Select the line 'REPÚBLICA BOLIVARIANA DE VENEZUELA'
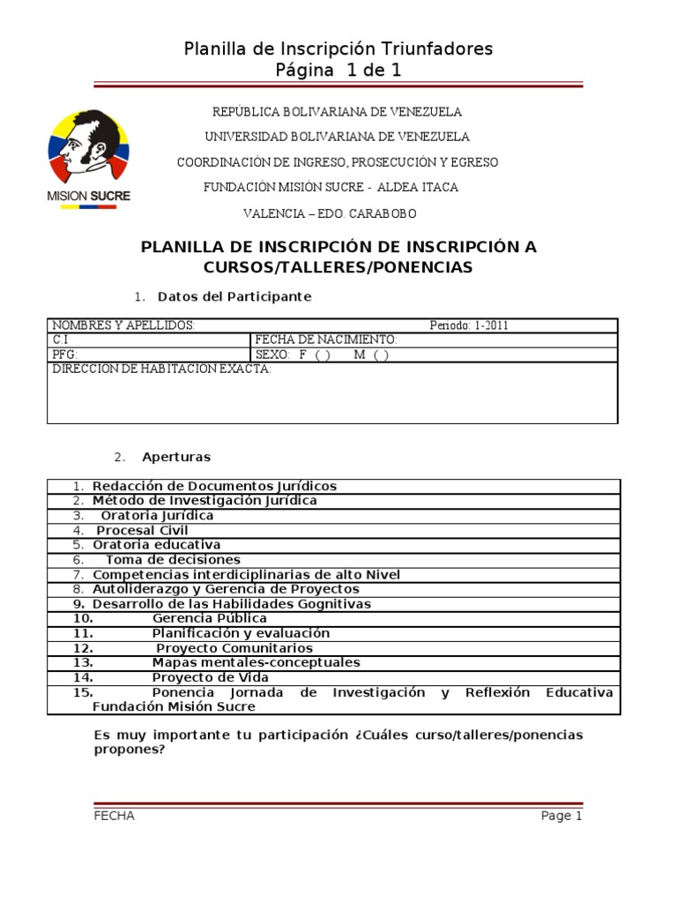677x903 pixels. [x=338, y=112]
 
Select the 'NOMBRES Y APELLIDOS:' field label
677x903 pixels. [x=123, y=325]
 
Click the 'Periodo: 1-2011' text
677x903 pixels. [x=469, y=325]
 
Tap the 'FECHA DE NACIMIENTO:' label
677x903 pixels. [x=326, y=340]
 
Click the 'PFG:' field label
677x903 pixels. [x=66, y=354]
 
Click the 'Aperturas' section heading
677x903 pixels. [x=176, y=457]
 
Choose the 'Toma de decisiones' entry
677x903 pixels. [x=173, y=560]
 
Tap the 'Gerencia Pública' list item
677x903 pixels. [x=210, y=618]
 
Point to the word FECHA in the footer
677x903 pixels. [x=114, y=816]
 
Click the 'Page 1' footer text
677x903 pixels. [x=562, y=816]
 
